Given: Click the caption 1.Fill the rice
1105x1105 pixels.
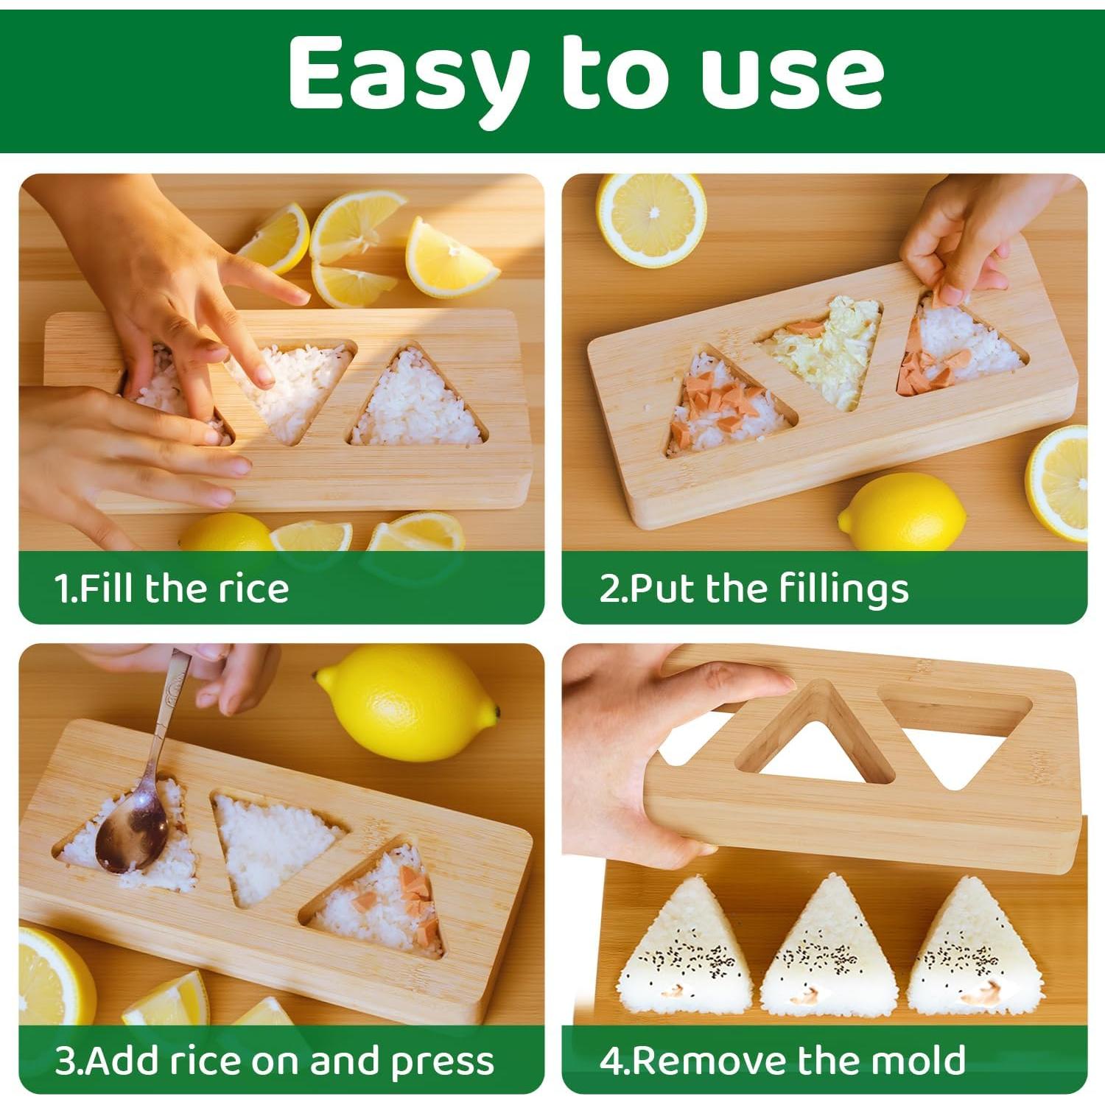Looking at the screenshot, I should click(172, 589).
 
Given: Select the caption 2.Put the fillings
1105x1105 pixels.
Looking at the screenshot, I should click(754, 589).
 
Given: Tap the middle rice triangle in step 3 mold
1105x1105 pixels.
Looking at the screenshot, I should click(273, 843).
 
